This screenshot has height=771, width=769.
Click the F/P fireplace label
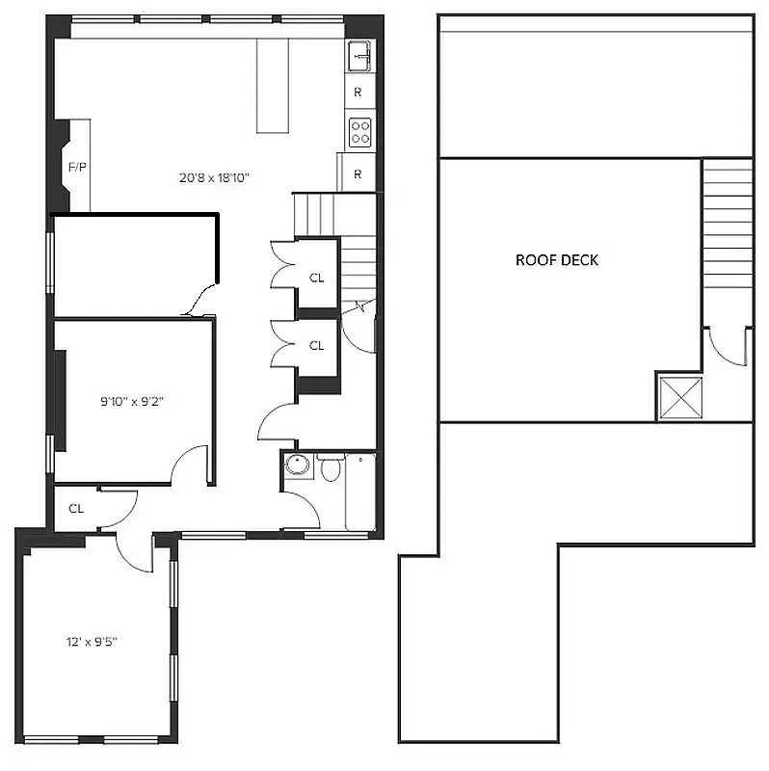(77, 167)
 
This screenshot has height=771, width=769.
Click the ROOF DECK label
(557, 260)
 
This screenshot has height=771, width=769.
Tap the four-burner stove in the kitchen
(359, 131)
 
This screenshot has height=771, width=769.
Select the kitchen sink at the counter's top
(359, 56)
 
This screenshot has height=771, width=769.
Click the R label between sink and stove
(358, 93)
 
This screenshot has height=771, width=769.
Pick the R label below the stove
(358, 174)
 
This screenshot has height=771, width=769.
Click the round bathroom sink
(296, 465)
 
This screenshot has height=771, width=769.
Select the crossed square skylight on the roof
(680, 396)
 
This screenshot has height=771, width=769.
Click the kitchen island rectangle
(273, 87)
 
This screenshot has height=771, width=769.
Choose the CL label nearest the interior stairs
(316, 278)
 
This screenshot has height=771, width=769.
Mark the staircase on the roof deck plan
(727, 222)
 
